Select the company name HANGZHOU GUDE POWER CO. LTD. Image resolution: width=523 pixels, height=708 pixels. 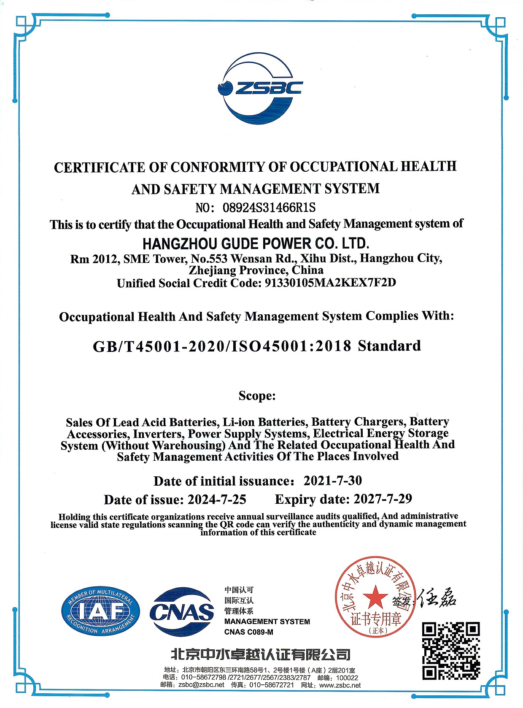[x=256, y=243]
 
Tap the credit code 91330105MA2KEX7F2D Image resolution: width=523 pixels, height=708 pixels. [x=330, y=283]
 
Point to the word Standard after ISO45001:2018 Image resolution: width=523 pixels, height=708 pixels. [x=389, y=346]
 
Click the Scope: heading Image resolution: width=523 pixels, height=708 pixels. [x=257, y=396]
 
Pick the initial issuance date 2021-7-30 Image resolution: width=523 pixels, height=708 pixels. [x=332, y=481]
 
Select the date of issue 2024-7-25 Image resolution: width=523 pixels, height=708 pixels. [x=217, y=500]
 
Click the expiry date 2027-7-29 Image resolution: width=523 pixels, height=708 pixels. [x=383, y=499]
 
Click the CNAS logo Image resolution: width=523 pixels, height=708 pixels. [x=182, y=612]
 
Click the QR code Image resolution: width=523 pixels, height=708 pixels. [x=451, y=651]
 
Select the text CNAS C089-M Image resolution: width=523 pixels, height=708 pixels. [x=248, y=632]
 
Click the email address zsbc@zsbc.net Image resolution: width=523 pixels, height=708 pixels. [x=201, y=685]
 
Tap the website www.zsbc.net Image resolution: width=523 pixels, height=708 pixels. [x=340, y=685]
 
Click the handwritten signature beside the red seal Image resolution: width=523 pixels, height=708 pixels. [x=437, y=597]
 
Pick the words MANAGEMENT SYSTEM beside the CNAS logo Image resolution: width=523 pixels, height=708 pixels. [x=267, y=622]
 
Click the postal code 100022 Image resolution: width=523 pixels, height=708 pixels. [x=347, y=678]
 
